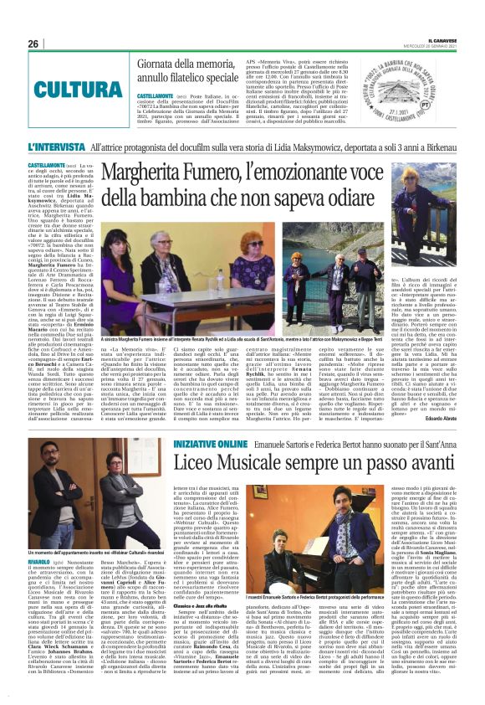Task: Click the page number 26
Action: [33, 44]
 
